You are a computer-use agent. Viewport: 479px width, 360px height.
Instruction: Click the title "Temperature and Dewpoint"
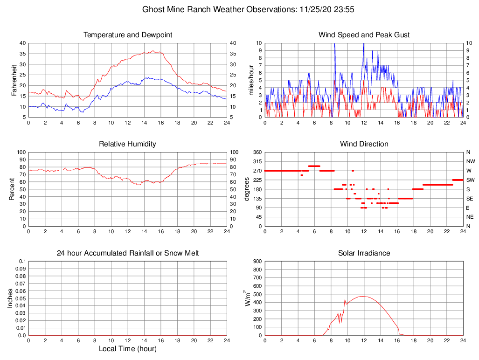(x=127, y=35)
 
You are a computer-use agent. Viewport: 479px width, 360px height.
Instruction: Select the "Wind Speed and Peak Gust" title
(x=364, y=35)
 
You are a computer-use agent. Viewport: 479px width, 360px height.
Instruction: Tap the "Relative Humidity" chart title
(x=127, y=144)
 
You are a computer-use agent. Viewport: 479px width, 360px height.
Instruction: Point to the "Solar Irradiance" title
(x=364, y=253)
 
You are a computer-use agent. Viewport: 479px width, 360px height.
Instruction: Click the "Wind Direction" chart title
(x=364, y=144)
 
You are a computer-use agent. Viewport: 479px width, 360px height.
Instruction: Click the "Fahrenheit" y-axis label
(x=14, y=80)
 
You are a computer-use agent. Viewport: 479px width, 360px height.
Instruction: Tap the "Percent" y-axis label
(x=12, y=189)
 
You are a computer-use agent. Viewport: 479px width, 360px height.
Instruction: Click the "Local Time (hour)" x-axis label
(x=127, y=348)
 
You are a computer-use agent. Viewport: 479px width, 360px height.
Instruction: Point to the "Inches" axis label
(x=10, y=298)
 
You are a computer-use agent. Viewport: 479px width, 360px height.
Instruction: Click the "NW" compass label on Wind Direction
(x=468, y=161)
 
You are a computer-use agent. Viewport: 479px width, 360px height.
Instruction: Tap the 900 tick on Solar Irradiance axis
(x=257, y=262)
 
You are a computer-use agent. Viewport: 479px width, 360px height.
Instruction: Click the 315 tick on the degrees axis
(x=256, y=161)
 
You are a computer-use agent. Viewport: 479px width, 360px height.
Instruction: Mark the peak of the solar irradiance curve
(x=362, y=296)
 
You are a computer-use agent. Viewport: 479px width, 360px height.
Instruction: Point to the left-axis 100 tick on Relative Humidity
(x=21, y=152)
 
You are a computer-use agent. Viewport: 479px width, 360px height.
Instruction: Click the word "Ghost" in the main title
(x=153, y=9)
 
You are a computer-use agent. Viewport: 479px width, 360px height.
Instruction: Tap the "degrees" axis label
(x=247, y=189)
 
